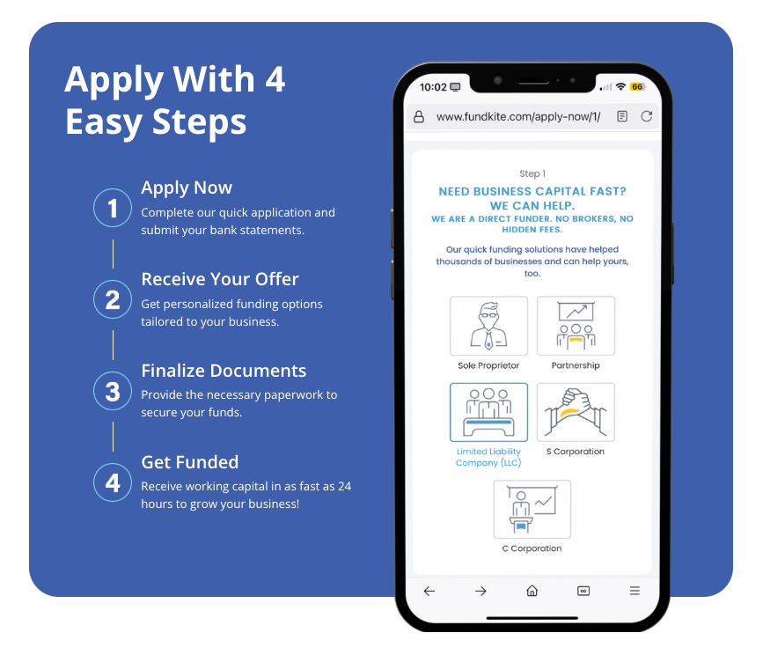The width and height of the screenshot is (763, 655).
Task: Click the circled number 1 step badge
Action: [113, 208]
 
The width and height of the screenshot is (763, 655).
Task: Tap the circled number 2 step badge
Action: [113, 299]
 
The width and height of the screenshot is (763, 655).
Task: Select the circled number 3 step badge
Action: [113, 391]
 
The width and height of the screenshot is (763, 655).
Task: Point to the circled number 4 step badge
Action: [113, 482]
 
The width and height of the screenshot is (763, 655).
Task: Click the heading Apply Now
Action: [187, 188]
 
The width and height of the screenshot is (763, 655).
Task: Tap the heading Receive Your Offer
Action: [220, 279]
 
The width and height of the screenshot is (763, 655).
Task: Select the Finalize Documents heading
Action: [224, 371]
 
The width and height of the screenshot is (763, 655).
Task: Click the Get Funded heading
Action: [190, 462]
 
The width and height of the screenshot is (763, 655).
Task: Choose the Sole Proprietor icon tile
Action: [488, 326]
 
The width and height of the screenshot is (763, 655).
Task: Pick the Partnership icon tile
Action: [576, 326]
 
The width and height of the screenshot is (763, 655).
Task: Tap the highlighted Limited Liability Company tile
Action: [488, 412]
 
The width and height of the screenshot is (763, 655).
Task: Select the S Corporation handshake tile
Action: [576, 412]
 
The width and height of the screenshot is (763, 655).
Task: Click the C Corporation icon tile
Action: [532, 509]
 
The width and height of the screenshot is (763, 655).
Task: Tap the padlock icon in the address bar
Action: [419, 117]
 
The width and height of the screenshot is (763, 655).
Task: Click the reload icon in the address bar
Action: [646, 116]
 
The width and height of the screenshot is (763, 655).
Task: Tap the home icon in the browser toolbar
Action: [532, 591]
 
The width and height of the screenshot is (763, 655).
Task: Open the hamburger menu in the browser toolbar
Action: [635, 591]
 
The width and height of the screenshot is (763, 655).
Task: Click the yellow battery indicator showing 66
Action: [637, 86]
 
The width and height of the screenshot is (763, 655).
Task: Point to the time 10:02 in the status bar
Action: [433, 87]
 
